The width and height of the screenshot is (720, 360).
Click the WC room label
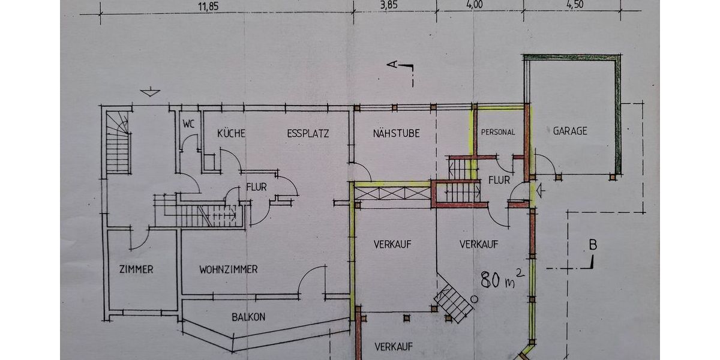point(188,124)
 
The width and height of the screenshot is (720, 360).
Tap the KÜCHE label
point(231,133)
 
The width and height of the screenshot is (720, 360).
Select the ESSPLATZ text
point(308,133)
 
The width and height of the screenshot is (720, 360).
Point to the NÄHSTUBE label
point(397,133)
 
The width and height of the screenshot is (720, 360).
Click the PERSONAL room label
point(498,132)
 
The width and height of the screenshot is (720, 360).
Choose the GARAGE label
point(570,131)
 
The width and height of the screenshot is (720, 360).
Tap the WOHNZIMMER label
point(228,269)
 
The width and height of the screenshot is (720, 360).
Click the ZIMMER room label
point(136,269)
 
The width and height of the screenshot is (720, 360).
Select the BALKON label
point(248,317)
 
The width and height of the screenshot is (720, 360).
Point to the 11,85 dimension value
point(208,7)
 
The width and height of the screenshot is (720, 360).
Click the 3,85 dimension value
point(389,5)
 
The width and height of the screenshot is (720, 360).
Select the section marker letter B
point(593,245)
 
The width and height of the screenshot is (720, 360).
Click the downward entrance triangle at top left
point(150,92)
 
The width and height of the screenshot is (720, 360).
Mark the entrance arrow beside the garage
point(541,191)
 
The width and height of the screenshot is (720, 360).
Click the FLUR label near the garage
point(499,181)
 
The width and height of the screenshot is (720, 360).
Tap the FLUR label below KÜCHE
point(256,187)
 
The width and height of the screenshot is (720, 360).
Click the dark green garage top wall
point(572,57)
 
